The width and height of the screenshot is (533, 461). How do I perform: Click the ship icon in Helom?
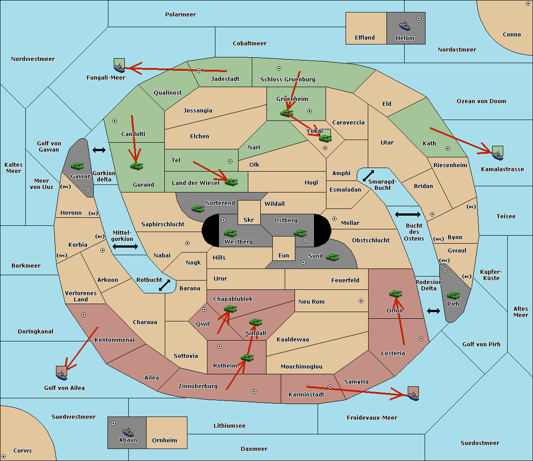[405, 26]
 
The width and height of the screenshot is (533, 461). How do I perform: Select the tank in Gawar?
[77, 166]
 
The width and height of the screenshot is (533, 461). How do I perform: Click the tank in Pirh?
[453, 295]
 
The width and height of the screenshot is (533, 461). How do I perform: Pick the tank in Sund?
[332, 257]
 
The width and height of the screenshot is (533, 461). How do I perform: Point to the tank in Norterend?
[198, 208]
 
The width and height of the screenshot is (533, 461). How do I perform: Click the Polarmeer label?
[180, 15]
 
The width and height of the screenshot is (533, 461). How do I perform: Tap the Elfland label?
[365, 38]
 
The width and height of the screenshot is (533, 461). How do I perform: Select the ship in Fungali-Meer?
[119, 68]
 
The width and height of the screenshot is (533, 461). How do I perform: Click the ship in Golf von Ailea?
[62, 375]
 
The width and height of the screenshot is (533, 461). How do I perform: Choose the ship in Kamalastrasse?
[497, 156]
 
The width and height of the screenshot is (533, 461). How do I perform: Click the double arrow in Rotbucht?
[164, 285]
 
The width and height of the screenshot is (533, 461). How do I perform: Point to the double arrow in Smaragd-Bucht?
[368, 176]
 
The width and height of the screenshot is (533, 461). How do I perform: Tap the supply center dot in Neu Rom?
[361, 301]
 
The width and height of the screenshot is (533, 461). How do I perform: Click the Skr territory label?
[249, 220]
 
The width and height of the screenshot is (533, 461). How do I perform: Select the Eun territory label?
[284, 255]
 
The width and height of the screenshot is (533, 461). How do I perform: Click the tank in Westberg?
[230, 233]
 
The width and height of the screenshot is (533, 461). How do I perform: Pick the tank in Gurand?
[136, 166]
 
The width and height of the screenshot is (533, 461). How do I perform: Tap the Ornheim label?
[164, 441]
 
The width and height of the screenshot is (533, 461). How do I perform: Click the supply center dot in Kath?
[448, 148]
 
